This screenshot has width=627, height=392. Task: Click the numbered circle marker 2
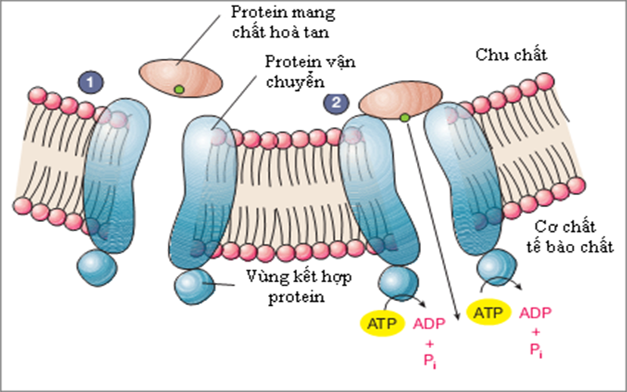pyautogui.click(x=335, y=101)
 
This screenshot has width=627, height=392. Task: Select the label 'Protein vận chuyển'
pyautogui.click(x=295, y=71)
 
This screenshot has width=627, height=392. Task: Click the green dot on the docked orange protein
pyautogui.click(x=404, y=118)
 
